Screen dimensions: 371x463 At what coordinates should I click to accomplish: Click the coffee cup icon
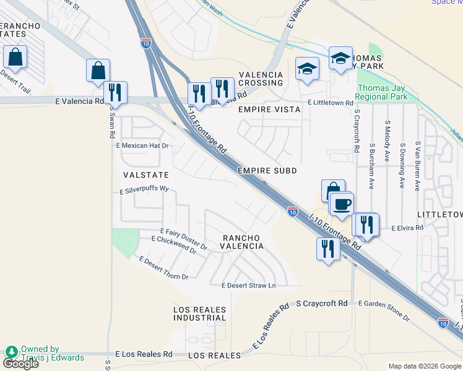coord(340,203)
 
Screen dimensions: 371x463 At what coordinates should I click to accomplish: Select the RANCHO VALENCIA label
coord(243,242)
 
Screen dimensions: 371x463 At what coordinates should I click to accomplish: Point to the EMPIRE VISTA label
coord(269,109)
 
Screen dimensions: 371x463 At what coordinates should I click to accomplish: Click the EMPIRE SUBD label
coord(267,170)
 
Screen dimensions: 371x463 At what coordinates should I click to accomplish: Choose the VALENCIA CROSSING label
coord(261,79)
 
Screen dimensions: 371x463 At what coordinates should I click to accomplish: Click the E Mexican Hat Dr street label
coord(142,146)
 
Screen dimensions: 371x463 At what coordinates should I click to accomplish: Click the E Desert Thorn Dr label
coord(163,269)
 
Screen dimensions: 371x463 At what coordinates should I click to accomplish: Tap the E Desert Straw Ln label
coord(248,285)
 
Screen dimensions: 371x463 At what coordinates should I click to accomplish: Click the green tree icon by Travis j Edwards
coord(11,352)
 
